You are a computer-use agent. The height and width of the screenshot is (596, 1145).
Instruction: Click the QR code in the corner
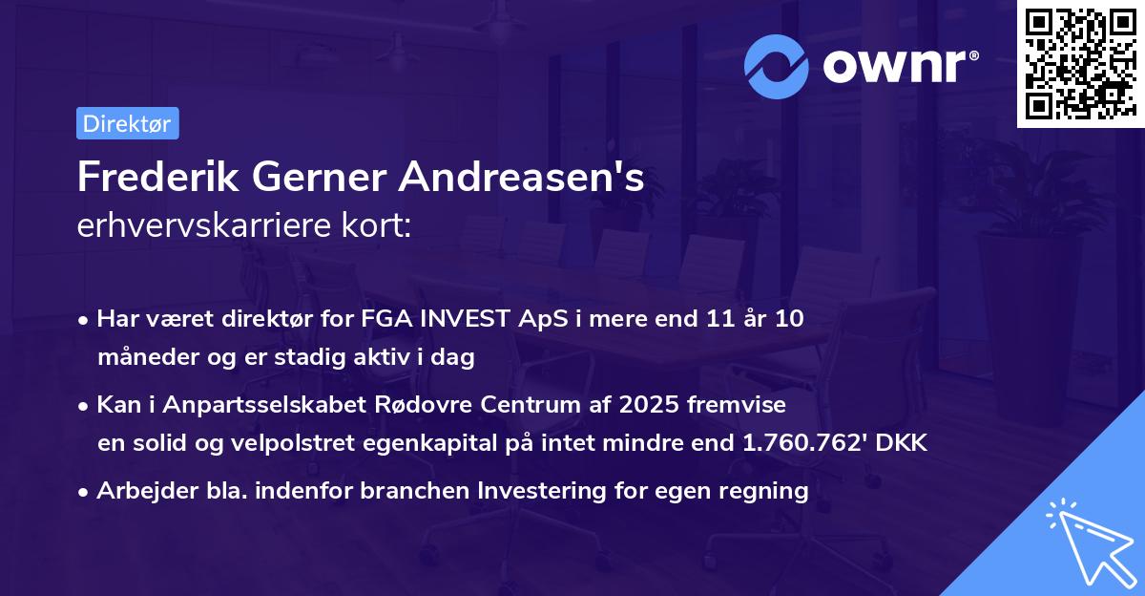[x=1080, y=63]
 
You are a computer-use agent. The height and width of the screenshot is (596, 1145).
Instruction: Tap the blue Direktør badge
[x=127, y=123]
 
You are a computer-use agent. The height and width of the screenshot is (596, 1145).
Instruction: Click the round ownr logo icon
[x=777, y=67]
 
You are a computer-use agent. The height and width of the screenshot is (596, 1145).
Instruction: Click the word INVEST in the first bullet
[x=463, y=319]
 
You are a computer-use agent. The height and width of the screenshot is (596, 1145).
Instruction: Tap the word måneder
[x=142, y=358]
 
